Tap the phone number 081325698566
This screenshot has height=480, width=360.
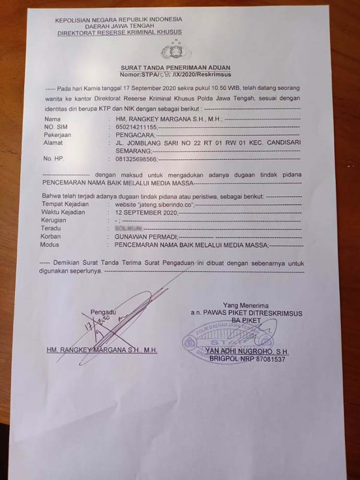pos(131,159)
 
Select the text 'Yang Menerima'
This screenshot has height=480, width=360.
pos(245,305)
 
